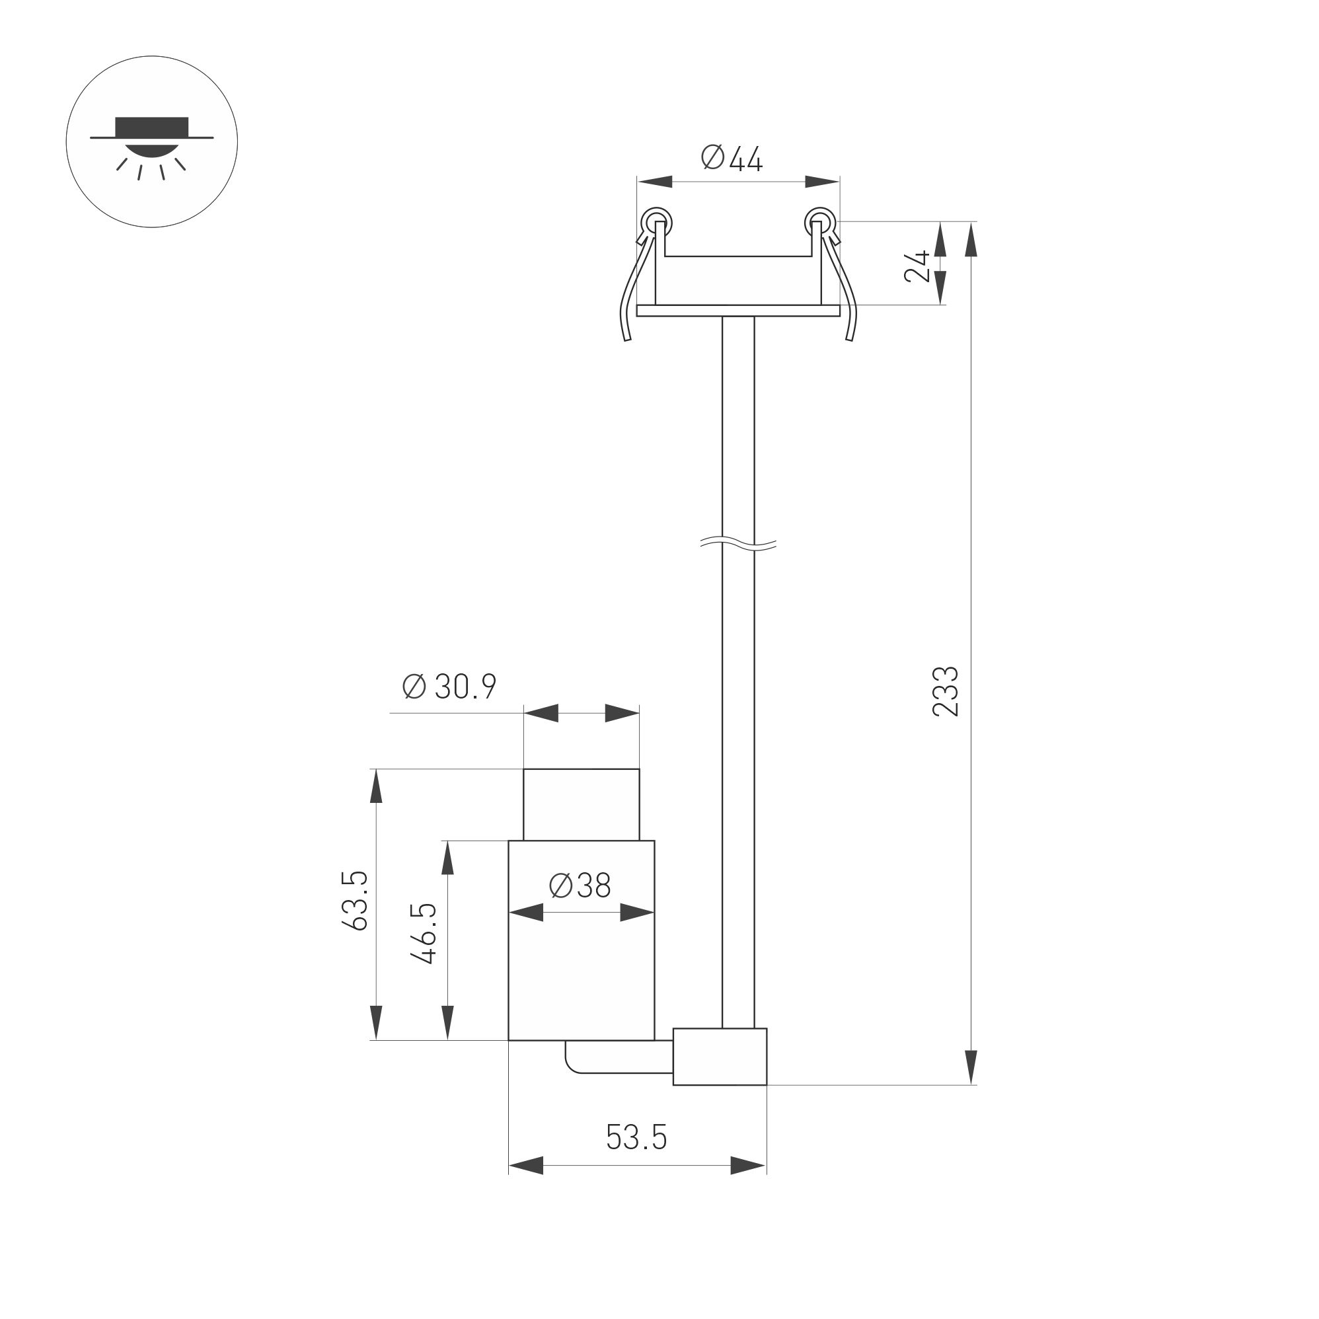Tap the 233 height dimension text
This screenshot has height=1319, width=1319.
coord(946,691)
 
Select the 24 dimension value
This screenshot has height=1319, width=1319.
coord(917,266)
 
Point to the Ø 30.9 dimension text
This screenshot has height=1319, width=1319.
coord(449,686)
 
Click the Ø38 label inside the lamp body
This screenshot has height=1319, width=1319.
coord(580,886)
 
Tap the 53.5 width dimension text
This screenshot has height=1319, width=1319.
coord(636,1137)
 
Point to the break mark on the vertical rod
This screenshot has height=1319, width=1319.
coord(738,543)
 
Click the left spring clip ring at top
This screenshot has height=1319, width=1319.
coord(656,222)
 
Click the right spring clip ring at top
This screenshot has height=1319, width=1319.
coord(820,222)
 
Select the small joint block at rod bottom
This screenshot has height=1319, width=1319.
coord(720,1056)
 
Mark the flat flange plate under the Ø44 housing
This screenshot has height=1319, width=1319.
coord(738,311)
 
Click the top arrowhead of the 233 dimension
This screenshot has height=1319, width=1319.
coord(971,239)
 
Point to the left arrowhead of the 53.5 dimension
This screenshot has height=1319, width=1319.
coord(527,1166)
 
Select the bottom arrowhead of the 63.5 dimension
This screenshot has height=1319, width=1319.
coord(375,1022)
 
